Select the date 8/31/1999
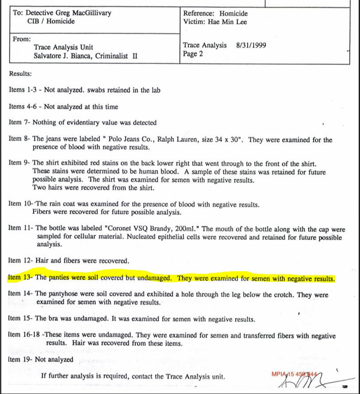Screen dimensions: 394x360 pos(251,45)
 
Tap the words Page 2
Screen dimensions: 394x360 pos(193,54)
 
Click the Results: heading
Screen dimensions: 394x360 pos(20,74)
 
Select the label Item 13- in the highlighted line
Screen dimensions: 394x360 pos(20,278)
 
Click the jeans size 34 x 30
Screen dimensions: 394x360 pos(229,140)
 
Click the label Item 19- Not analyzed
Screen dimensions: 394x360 pos(41,359)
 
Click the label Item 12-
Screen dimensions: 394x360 pos(20,261)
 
